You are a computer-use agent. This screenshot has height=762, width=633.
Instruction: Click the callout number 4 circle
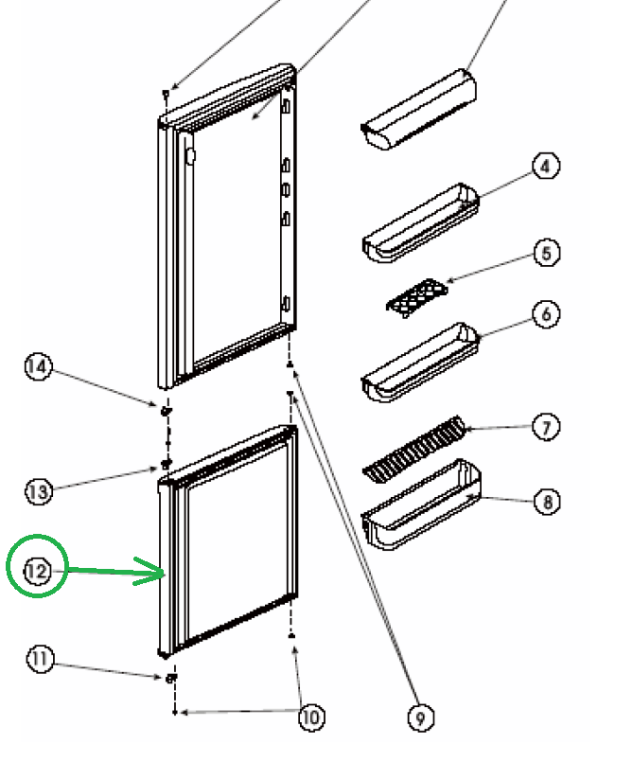(x=545, y=167)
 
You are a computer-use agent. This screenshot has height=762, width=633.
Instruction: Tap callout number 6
(x=546, y=313)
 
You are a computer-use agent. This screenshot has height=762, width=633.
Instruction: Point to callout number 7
(x=546, y=428)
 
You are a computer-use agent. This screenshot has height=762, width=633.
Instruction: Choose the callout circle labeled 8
(x=547, y=501)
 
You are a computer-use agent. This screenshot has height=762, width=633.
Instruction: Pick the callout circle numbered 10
(x=310, y=717)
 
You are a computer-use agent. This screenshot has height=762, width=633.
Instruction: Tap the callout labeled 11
(x=41, y=660)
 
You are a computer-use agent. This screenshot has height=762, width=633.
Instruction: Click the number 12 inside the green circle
(x=37, y=571)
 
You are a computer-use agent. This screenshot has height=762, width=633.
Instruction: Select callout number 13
(x=39, y=490)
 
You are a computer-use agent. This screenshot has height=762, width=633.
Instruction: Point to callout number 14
(x=39, y=367)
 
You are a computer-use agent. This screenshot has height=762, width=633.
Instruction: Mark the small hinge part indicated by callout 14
(x=167, y=411)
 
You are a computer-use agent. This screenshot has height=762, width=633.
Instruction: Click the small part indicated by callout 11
(x=169, y=678)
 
